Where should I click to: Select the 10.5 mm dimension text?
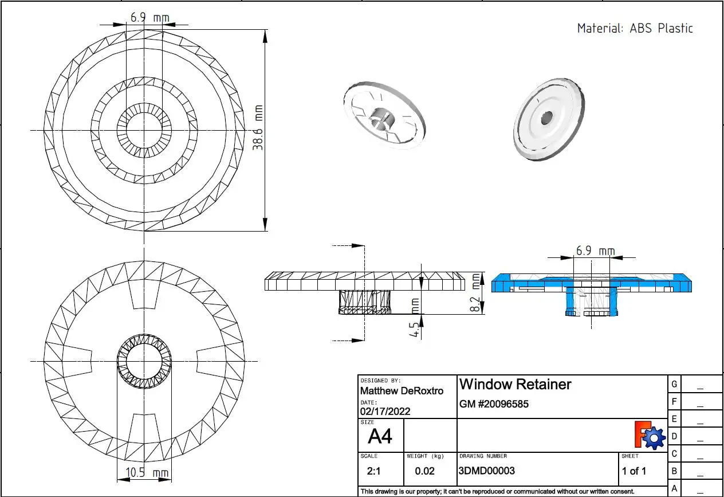[x=143, y=473]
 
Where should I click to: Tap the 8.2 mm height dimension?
[x=476, y=292]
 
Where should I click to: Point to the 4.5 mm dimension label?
[x=415, y=321]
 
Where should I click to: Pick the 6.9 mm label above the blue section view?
[x=595, y=251]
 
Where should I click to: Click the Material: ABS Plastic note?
[x=635, y=28]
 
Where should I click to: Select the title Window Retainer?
[x=515, y=384]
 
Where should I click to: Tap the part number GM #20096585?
[x=494, y=404]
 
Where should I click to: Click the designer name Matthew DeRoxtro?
[x=401, y=391]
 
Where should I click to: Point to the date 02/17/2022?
[x=385, y=411]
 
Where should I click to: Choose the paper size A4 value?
[x=380, y=437]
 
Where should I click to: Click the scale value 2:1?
[x=372, y=471]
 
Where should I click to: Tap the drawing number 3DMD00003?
[x=486, y=471]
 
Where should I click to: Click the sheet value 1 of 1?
[x=634, y=471]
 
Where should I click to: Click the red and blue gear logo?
[x=649, y=435]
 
